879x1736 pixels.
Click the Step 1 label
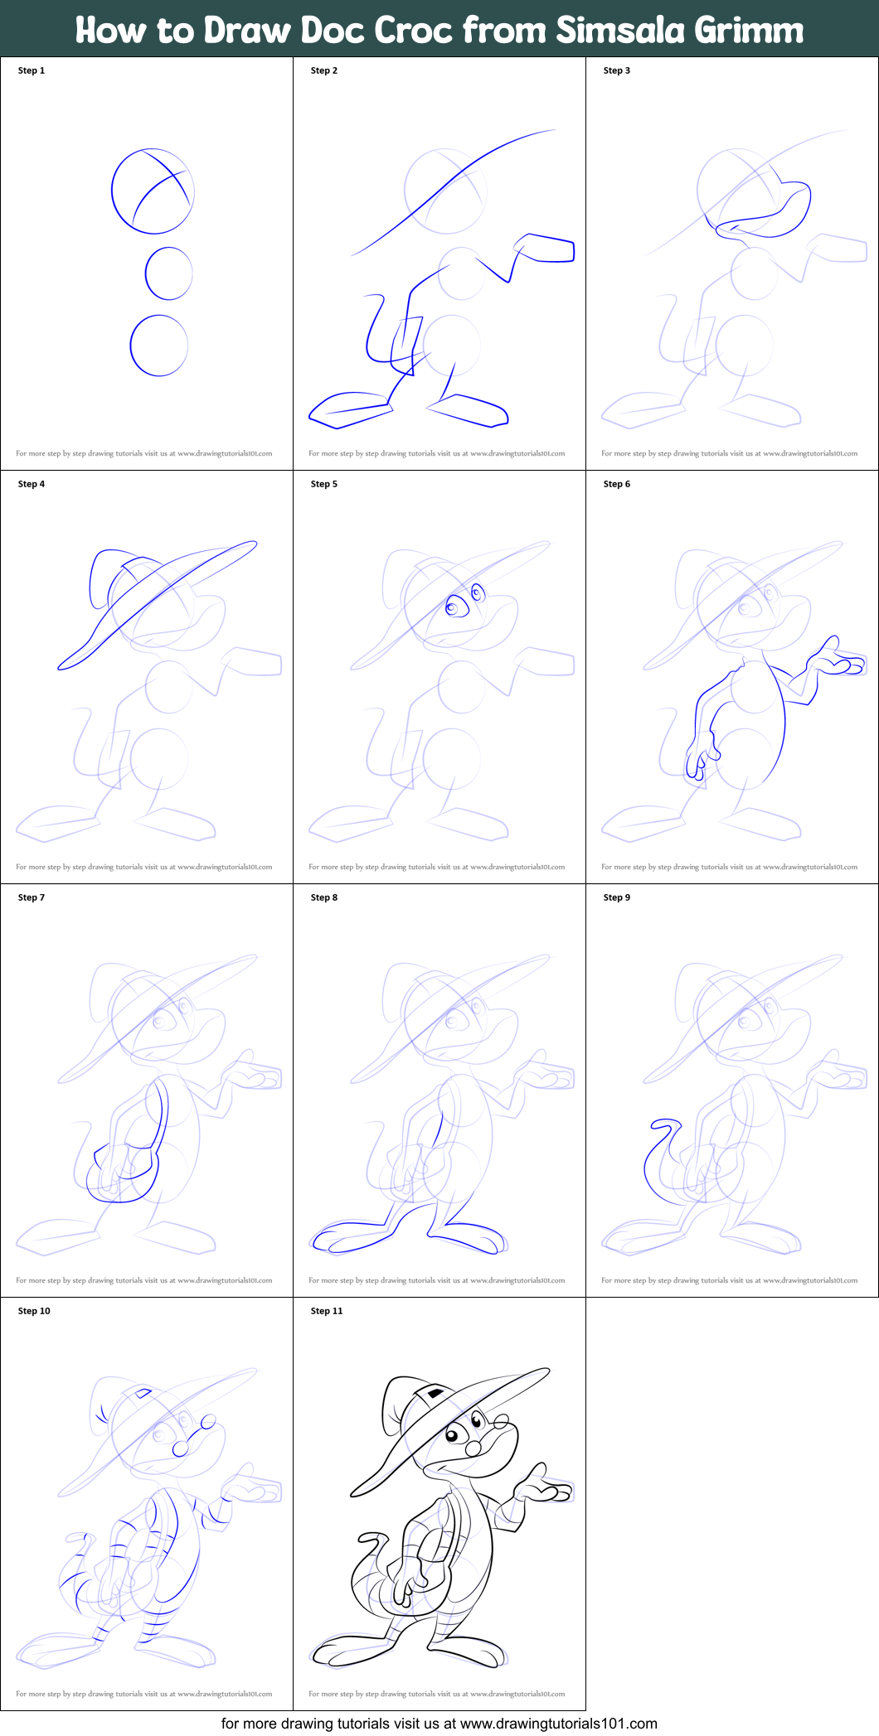tap(32, 70)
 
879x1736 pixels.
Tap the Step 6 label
tap(616, 484)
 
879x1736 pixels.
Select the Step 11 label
tap(326, 1311)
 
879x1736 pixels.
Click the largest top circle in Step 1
tap(153, 191)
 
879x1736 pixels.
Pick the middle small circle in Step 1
tap(168, 273)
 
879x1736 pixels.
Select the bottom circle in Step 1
tap(158, 345)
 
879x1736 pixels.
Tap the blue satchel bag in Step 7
tap(124, 1173)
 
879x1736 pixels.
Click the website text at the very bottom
tap(439, 1724)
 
